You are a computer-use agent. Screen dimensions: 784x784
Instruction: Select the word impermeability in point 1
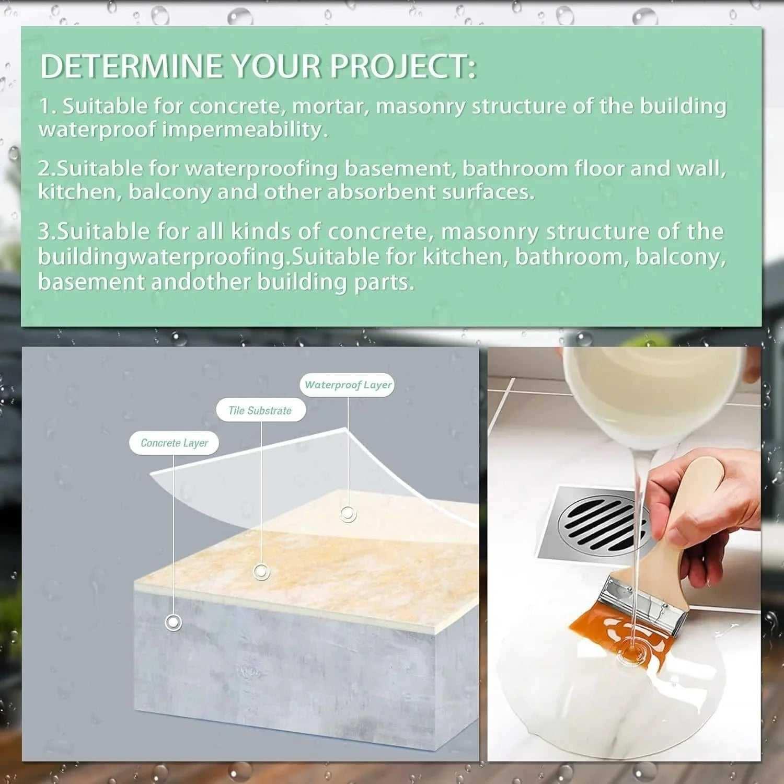tap(245, 130)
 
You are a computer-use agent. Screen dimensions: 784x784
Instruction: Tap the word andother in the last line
tap(201, 282)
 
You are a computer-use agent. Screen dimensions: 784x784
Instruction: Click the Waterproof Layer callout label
tap(348, 385)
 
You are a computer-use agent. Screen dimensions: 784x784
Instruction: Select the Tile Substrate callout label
tap(260, 411)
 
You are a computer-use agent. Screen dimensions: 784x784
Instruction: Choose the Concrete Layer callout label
tap(174, 443)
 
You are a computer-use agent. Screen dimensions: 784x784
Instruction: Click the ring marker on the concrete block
tap(173, 622)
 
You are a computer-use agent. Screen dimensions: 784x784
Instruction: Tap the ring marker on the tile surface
tap(261, 572)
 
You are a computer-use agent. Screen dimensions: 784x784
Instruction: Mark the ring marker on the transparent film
tap(348, 514)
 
